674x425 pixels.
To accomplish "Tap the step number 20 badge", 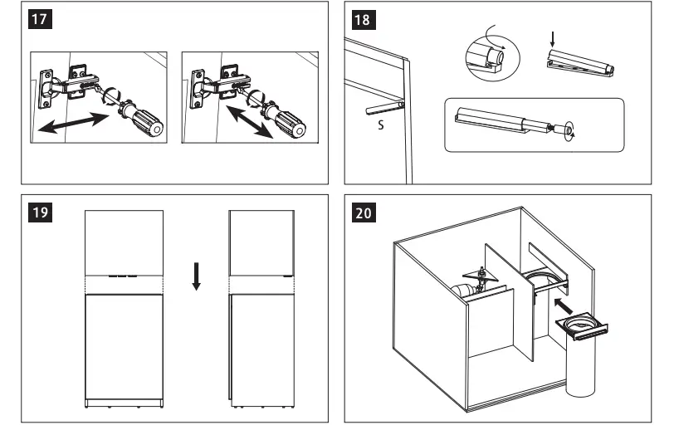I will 363,213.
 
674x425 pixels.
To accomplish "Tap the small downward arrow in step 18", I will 552,37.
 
